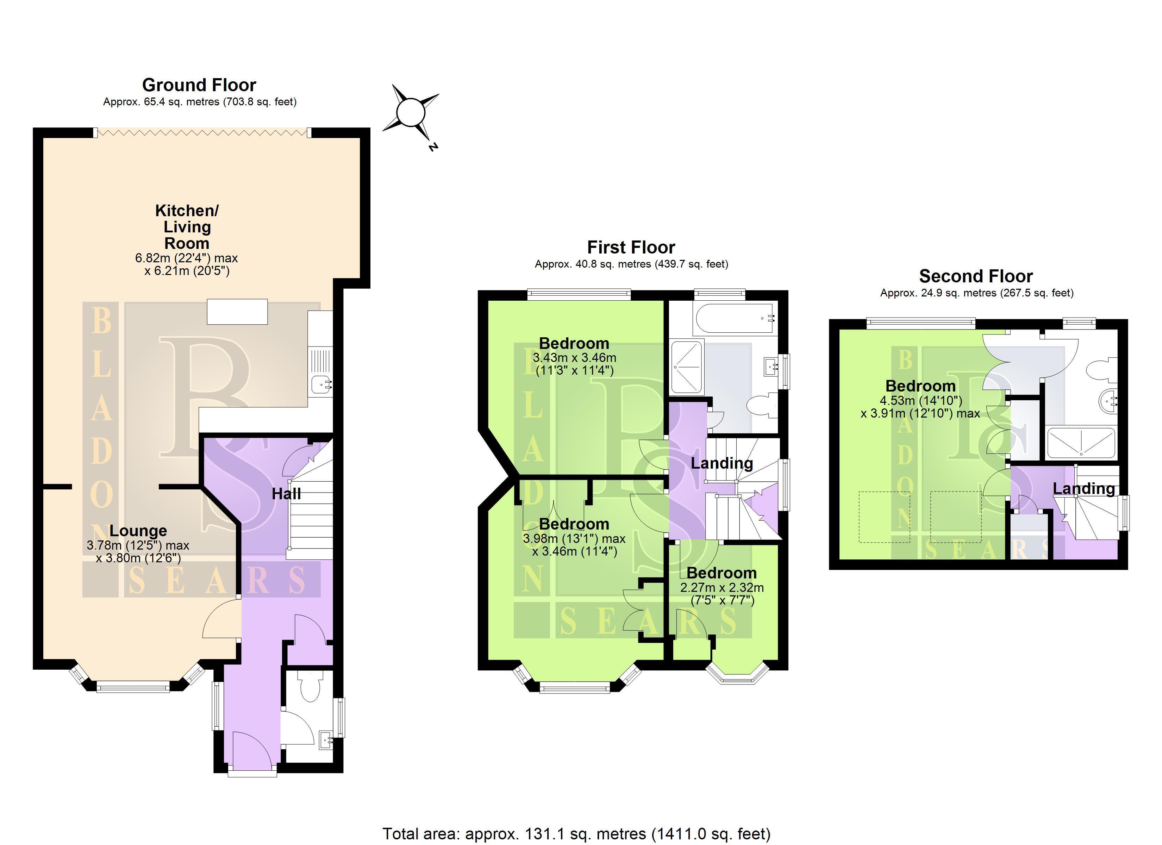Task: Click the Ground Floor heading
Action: [199, 84]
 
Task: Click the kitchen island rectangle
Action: [237, 312]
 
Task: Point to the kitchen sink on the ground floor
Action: [321, 382]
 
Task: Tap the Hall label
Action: [286, 494]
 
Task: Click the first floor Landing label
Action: [722, 463]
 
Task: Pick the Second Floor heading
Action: [976, 276]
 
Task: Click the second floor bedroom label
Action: [921, 386]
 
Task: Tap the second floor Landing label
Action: [1083, 488]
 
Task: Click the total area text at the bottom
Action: [576, 834]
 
